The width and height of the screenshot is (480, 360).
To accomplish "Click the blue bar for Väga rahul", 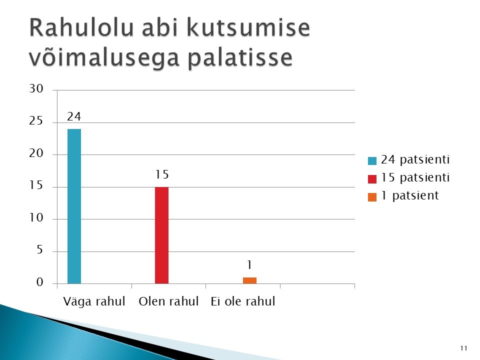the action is pyautogui.click(x=74, y=206).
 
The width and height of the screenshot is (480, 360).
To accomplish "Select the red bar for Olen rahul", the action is pyautogui.click(x=161, y=235).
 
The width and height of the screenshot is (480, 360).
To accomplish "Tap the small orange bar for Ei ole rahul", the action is pyautogui.click(x=250, y=280).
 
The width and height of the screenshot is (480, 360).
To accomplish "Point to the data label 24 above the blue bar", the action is pyautogui.click(x=74, y=116).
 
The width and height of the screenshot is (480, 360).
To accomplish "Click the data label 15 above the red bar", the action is pyautogui.click(x=162, y=174).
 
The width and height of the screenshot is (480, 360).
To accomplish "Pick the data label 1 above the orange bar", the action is pyautogui.click(x=250, y=265).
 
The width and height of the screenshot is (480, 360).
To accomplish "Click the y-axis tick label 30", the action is pyautogui.click(x=36, y=89).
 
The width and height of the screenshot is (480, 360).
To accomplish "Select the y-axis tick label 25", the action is pyautogui.click(x=36, y=121).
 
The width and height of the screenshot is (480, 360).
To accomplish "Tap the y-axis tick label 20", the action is pyautogui.click(x=36, y=153).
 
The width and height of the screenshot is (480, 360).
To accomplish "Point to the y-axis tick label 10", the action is pyautogui.click(x=36, y=217).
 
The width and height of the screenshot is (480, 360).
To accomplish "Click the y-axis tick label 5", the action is pyautogui.click(x=40, y=250).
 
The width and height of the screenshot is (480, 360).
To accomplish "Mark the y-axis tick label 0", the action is pyautogui.click(x=40, y=282).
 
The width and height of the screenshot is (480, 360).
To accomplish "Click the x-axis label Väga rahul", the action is pyautogui.click(x=94, y=301).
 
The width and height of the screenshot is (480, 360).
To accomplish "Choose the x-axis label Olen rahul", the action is pyautogui.click(x=168, y=301).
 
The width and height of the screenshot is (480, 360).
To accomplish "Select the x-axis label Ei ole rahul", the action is pyautogui.click(x=243, y=301).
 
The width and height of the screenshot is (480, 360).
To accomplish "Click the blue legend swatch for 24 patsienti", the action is pyautogui.click(x=372, y=160).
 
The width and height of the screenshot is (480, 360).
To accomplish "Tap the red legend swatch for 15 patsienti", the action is pyautogui.click(x=372, y=179).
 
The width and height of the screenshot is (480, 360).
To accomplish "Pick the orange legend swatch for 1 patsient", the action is pyautogui.click(x=372, y=197).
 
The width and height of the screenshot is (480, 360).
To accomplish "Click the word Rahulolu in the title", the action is pyautogui.click(x=81, y=28).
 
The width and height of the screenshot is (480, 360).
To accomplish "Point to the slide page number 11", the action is pyautogui.click(x=464, y=348).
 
